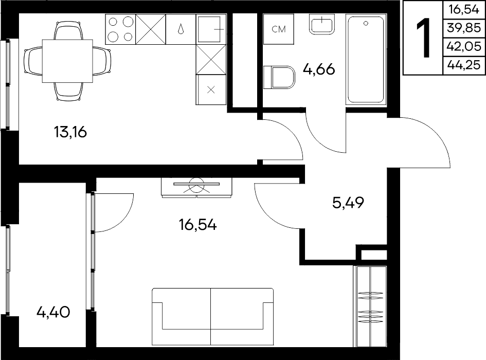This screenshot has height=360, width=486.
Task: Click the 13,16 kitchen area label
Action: (x=70, y=132)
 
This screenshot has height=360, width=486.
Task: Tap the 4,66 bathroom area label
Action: (x=319, y=69)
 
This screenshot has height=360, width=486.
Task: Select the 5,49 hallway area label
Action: (x=348, y=203)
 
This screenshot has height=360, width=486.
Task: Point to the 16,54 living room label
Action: (x=198, y=225)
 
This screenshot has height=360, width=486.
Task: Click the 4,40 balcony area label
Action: (x=53, y=312)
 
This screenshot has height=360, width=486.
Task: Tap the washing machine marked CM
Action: (x=278, y=29)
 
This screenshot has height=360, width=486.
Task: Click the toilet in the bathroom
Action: (x=279, y=77)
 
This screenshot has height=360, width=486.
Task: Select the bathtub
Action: (x=366, y=60)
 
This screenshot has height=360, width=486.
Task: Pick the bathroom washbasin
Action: (x=322, y=24)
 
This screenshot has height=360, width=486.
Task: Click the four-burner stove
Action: (x=120, y=29)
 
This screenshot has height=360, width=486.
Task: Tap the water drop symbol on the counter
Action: (x=181, y=29)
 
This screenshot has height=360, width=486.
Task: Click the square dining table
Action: (x=67, y=61)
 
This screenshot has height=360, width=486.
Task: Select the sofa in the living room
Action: (x=212, y=317)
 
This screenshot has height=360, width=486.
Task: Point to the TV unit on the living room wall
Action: (x=196, y=187)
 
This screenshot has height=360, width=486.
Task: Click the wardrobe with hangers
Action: (x=370, y=307)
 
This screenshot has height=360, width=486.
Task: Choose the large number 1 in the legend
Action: (x=423, y=38)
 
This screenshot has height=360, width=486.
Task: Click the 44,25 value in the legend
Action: (x=464, y=65)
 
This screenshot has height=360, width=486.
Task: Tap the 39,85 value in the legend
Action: (x=464, y=28)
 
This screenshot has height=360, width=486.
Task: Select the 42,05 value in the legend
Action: (x=464, y=47)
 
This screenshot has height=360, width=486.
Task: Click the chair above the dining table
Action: (x=68, y=30)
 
